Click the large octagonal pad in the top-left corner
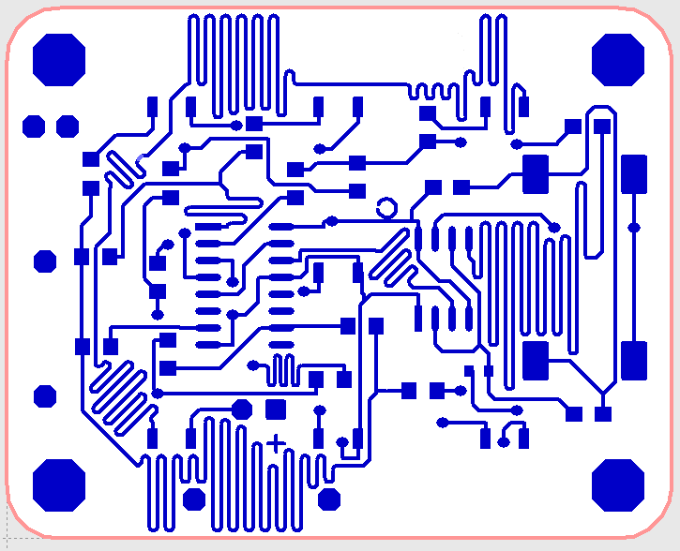[59, 59]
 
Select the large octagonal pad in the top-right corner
[619, 59]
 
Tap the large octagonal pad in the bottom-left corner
[59, 484]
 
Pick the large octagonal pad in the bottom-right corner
[619, 484]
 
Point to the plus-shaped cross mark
[276, 443]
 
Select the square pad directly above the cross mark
[276, 410]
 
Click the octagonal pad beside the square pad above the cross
[242, 410]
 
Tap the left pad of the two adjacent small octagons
[34, 127]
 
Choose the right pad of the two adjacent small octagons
[68, 127]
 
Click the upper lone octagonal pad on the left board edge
[45, 261]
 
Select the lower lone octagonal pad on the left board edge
[45, 396]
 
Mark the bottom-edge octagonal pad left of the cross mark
[194, 499]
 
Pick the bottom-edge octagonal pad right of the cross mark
[329, 499]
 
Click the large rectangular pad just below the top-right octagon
[634, 173]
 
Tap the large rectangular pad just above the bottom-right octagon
[634, 361]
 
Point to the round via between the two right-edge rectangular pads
[634, 227]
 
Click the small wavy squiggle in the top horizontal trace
[433, 91]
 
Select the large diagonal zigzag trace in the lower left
[118, 394]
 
